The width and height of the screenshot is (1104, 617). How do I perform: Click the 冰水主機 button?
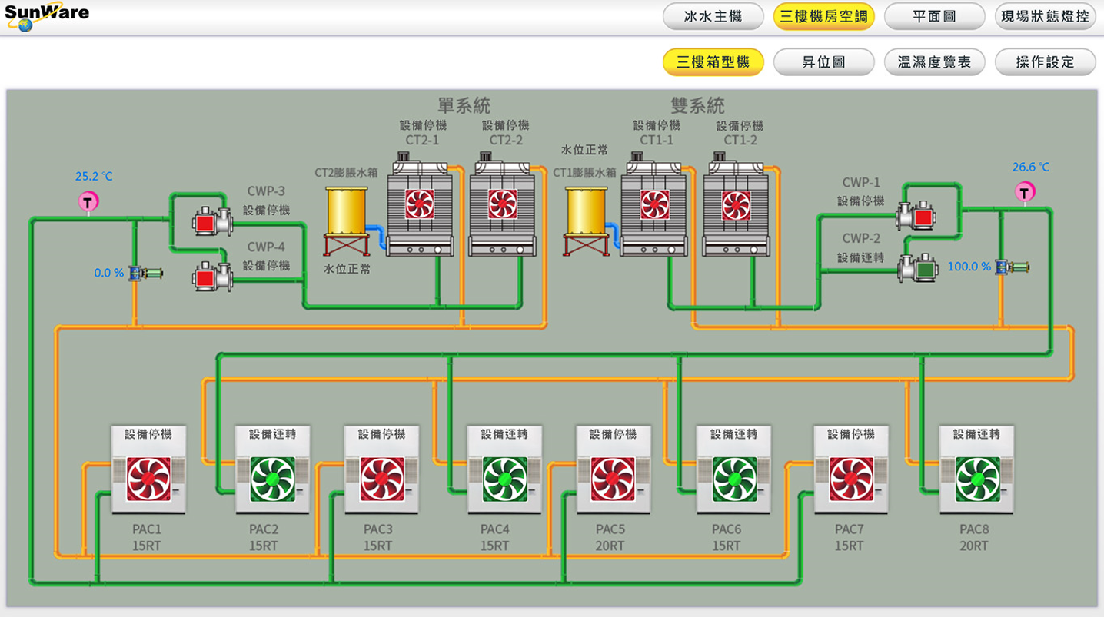coord(713,16)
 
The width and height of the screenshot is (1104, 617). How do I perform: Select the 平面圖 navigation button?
coord(934,16)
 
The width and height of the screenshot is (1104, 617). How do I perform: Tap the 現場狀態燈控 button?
coord(1045,16)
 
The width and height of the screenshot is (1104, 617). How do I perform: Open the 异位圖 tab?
coord(823,62)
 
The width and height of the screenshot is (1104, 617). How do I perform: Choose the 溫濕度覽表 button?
coord(934,62)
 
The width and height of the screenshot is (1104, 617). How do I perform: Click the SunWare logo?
coord(46,16)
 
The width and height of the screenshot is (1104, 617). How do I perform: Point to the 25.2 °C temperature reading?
coord(94,177)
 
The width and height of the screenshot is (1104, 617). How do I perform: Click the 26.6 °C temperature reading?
coord(1030,168)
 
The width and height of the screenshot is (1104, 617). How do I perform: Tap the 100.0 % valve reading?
coord(969,267)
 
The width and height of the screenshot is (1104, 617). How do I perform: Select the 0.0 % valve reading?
coord(108,273)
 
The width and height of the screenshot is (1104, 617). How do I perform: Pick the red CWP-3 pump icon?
coord(205,222)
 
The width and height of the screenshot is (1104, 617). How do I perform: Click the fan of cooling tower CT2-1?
coord(420,204)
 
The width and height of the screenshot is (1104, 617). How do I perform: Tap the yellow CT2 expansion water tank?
coord(347,211)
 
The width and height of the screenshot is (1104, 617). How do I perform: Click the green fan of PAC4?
coord(505,479)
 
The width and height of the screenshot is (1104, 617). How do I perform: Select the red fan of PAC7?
coord(851,479)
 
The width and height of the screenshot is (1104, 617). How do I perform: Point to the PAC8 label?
coord(973,529)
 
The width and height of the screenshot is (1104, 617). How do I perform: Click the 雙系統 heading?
coord(697,104)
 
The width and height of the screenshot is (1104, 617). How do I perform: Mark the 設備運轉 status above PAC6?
coord(734,435)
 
